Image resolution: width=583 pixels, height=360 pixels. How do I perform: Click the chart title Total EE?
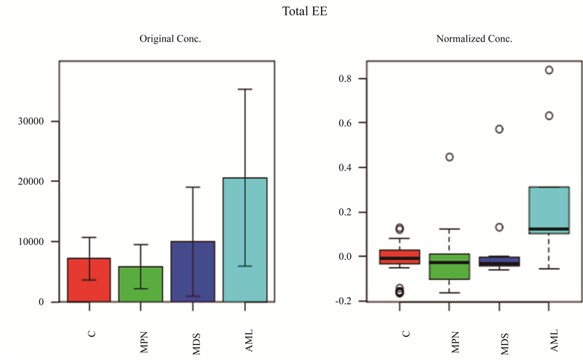pyautogui.click(x=304, y=12)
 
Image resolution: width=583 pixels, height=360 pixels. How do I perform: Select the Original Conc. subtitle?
pyautogui.click(x=170, y=39)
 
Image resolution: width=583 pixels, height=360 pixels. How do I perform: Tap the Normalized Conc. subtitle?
pyautogui.click(x=474, y=39)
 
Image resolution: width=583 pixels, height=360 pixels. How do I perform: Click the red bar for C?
pyautogui.click(x=89, y=280)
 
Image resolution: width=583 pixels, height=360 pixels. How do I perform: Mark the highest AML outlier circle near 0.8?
pyautogui.click(x=549, y=70)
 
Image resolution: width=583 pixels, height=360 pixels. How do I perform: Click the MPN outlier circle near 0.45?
pyautogui.click(x=449, y=157)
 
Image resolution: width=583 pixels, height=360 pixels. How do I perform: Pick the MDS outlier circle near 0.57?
pyautogui.click(x=499, y=129)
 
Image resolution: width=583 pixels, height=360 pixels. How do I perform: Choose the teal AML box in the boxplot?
pyautogui.click(x=549, y=211)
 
